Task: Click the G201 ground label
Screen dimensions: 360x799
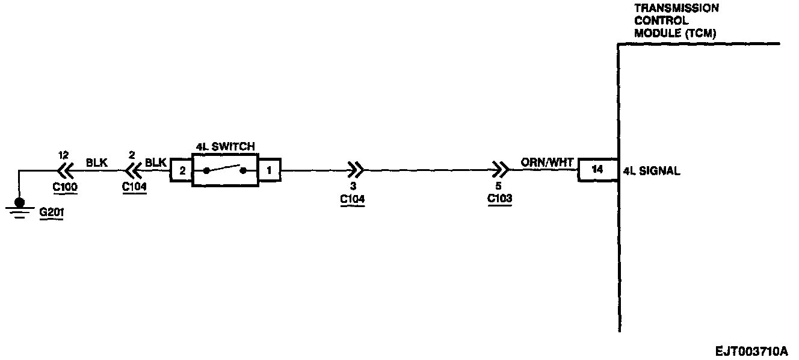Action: click(x=51, y=214)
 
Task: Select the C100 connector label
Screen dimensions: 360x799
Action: click(x=65, y=187)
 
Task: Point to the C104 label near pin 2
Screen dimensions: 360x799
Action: click(x=134, y=187)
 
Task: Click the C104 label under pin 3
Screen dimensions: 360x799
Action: click(x=353, y=199)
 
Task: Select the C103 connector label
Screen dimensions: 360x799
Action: click(x=499, y=199)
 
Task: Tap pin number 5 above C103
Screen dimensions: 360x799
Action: click(x=499, y=187)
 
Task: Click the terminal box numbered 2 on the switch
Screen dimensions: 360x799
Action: click(x=182, y=171)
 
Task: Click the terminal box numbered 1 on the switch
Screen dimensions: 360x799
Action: click(x=269, y=171)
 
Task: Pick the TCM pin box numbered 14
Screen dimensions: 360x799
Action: click(x=597, y=170)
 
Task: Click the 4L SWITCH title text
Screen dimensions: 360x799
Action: click(x=225, y=146)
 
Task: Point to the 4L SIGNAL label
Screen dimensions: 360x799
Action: click(x=652, y=171)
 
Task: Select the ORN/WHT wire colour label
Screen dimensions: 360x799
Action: click(x=547, y=163)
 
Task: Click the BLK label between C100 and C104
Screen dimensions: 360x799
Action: click(x=97, y=163)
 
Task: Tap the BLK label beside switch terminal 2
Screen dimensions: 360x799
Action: click(x=156, y=163)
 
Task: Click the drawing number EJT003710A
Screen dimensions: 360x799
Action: click(x=751, y=351)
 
